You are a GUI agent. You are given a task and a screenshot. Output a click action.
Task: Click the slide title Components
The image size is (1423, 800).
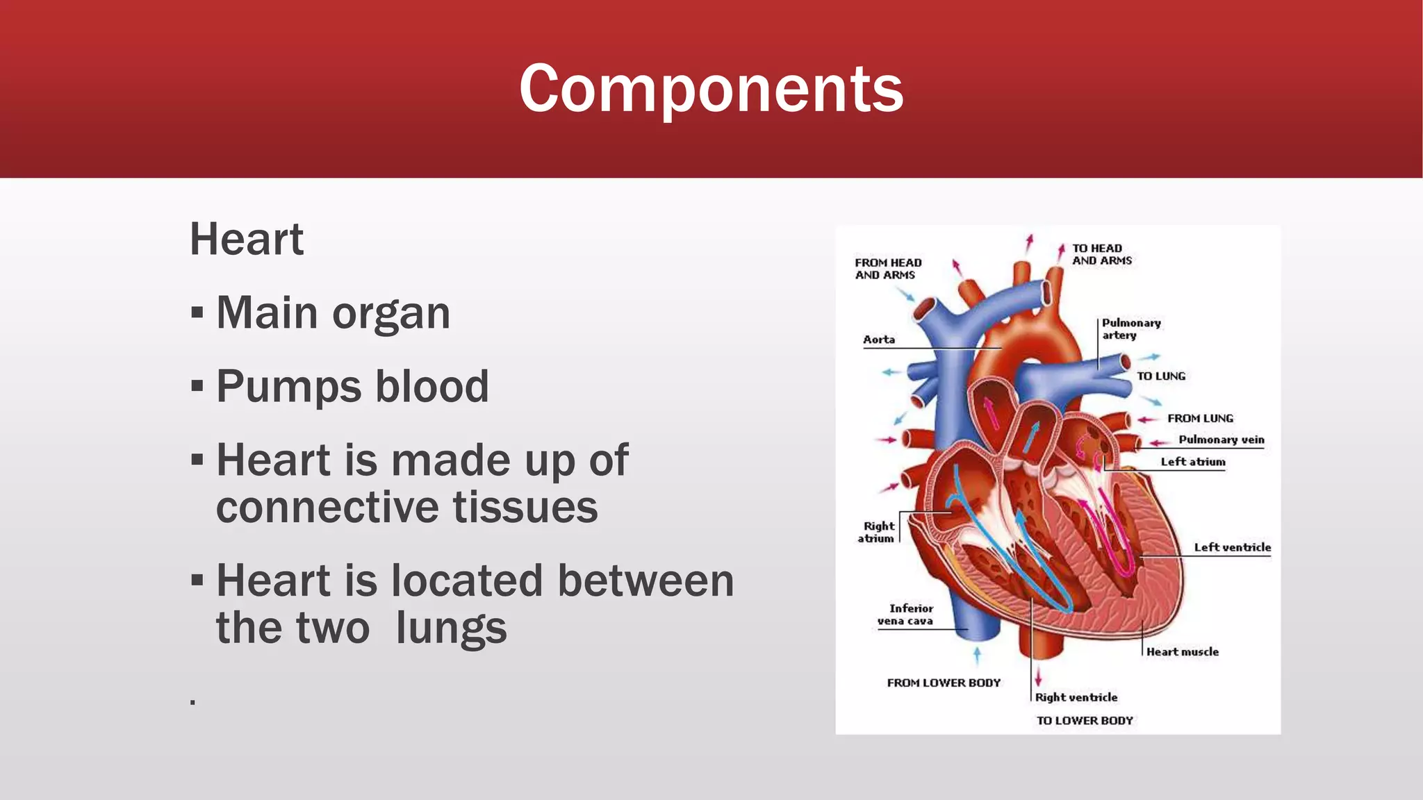tap(711, 88)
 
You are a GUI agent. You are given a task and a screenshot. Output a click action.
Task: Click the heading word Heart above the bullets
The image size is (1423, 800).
tap(247, 240)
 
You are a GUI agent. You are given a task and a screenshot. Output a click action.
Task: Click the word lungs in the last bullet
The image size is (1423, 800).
tap(451, 628)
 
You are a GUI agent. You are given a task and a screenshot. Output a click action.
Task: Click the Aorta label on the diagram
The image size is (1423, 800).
tap(879, 340)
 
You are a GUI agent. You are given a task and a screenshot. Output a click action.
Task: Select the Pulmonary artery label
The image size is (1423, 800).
tap(1130, 329)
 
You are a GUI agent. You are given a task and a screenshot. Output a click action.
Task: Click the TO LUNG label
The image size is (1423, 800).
tap(1161, 376)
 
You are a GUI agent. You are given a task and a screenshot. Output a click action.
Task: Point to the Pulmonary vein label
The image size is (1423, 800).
tap(1221, 440)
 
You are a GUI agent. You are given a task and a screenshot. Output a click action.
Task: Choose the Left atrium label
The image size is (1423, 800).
tap(1193, 462)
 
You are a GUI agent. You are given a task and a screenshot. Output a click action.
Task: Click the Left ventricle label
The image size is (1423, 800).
tap(1232, 547)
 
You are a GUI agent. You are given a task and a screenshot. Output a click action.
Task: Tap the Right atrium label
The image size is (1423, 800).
tap(878, 532)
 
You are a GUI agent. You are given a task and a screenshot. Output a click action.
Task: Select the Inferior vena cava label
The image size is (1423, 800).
tap(907, 615)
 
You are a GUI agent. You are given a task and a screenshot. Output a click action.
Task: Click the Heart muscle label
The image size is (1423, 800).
tap(1182, 652)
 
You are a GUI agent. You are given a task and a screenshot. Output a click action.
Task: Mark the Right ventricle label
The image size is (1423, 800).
tap(1076, 697)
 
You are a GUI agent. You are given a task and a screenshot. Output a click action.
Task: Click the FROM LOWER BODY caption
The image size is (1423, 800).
tap(944, 683)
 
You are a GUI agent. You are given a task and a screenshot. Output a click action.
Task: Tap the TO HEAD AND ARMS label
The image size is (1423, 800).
tap(1101, 254)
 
